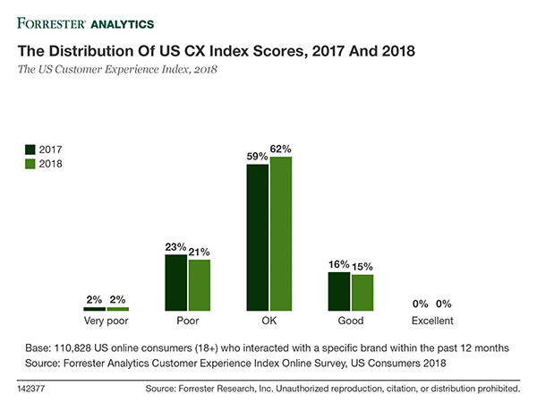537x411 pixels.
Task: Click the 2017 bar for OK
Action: pyautogui.click(x=257, y=237)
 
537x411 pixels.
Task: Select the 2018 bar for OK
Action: pyautogui.click(x=280, y=234)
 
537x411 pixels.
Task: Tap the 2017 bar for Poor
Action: pyautogui.click(x=175, y=282)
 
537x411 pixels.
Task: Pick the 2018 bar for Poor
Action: pyautogui.click(x=199, y=285)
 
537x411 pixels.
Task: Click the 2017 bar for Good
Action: pyautogui.click(x=339, y=291)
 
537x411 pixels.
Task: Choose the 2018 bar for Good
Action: pyautogui.click(x=362, y=292)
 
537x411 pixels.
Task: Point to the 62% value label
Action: pyautogui.click(x=281, y=149)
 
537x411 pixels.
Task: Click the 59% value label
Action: pyautogui.click(x=257, y=157)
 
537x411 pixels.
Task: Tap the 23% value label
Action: pyautogui.click(x=175, y=246)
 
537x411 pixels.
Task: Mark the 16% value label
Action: pyautogui.click(x=339, y=264)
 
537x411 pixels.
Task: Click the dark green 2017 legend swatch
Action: pyautogui.click(x=30, y=150)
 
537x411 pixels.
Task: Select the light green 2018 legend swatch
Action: pyautogui.click(x=30, y=164)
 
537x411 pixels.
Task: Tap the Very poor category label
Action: pyautogui.click(x=106, y=321)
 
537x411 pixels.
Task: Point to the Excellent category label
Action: pyautogui.click(x=432, y=321)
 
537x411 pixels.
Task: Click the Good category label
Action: pyautogui.click(x=351, y=321)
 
